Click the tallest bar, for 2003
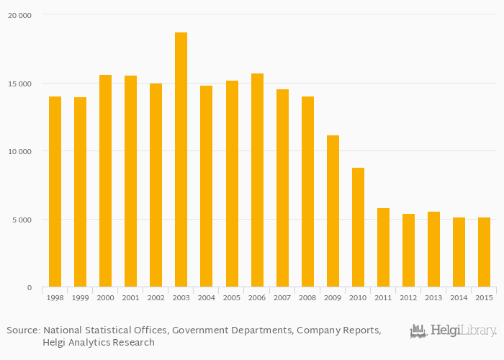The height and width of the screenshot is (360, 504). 181,160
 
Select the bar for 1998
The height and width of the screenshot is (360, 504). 55,192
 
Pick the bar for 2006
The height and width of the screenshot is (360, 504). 257,180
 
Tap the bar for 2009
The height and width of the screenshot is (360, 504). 333,211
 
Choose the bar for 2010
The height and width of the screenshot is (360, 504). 358,228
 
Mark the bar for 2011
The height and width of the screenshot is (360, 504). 383,248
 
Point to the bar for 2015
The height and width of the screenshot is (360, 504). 484,252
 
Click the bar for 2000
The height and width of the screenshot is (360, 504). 105,181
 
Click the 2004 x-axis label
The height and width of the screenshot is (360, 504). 206,297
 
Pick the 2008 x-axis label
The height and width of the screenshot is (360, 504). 307,297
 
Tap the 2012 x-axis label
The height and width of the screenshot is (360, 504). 408,297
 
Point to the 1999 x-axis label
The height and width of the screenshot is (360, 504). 80,297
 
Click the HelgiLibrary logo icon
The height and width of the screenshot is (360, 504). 418,331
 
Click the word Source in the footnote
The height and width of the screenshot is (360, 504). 23,330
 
